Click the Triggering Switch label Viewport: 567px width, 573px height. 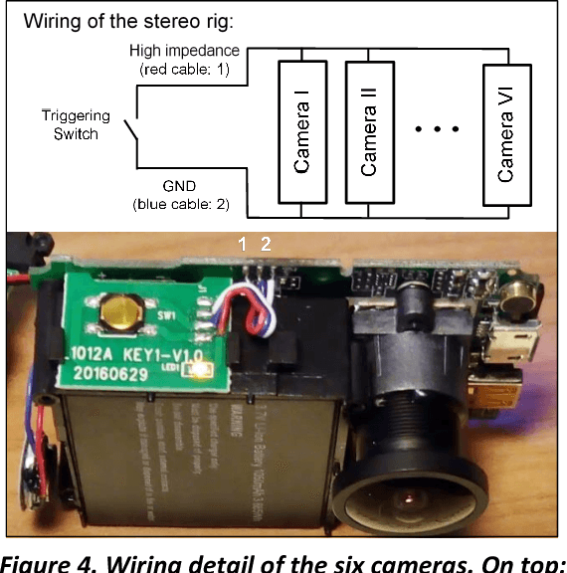(x=77, y=125)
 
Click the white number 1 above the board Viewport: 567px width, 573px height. (x=240, y=243)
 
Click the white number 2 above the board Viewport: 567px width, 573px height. (x=265, y=243)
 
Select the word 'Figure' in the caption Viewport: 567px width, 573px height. (x=40, y=560)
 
